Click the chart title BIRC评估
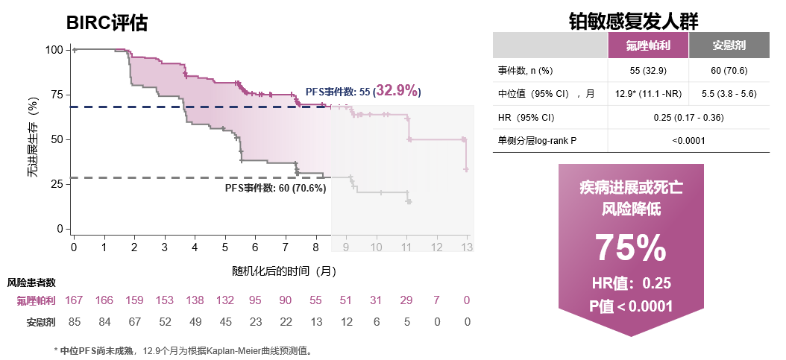tap(107, 23)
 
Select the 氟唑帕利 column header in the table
tap(648, 45)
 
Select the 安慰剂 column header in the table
tap(729, 45)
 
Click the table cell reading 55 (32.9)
tap(648, 70)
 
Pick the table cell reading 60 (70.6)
tap(729, 70)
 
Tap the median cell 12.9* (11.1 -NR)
tap(648, 94)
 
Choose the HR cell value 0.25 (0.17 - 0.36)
tap(688, 118)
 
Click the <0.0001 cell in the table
tap(688, 140)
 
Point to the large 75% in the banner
tap(631, 248)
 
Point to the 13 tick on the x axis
tap(467, 247)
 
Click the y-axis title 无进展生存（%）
tap(32, 139)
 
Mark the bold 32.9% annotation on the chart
tap(397, 91)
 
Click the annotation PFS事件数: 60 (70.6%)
tap(275, 188)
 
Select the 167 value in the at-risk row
tap(74, 300)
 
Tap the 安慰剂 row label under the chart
tap(41, 322)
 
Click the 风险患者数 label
tap(31, 283)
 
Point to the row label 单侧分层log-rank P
tap(537, 140)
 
